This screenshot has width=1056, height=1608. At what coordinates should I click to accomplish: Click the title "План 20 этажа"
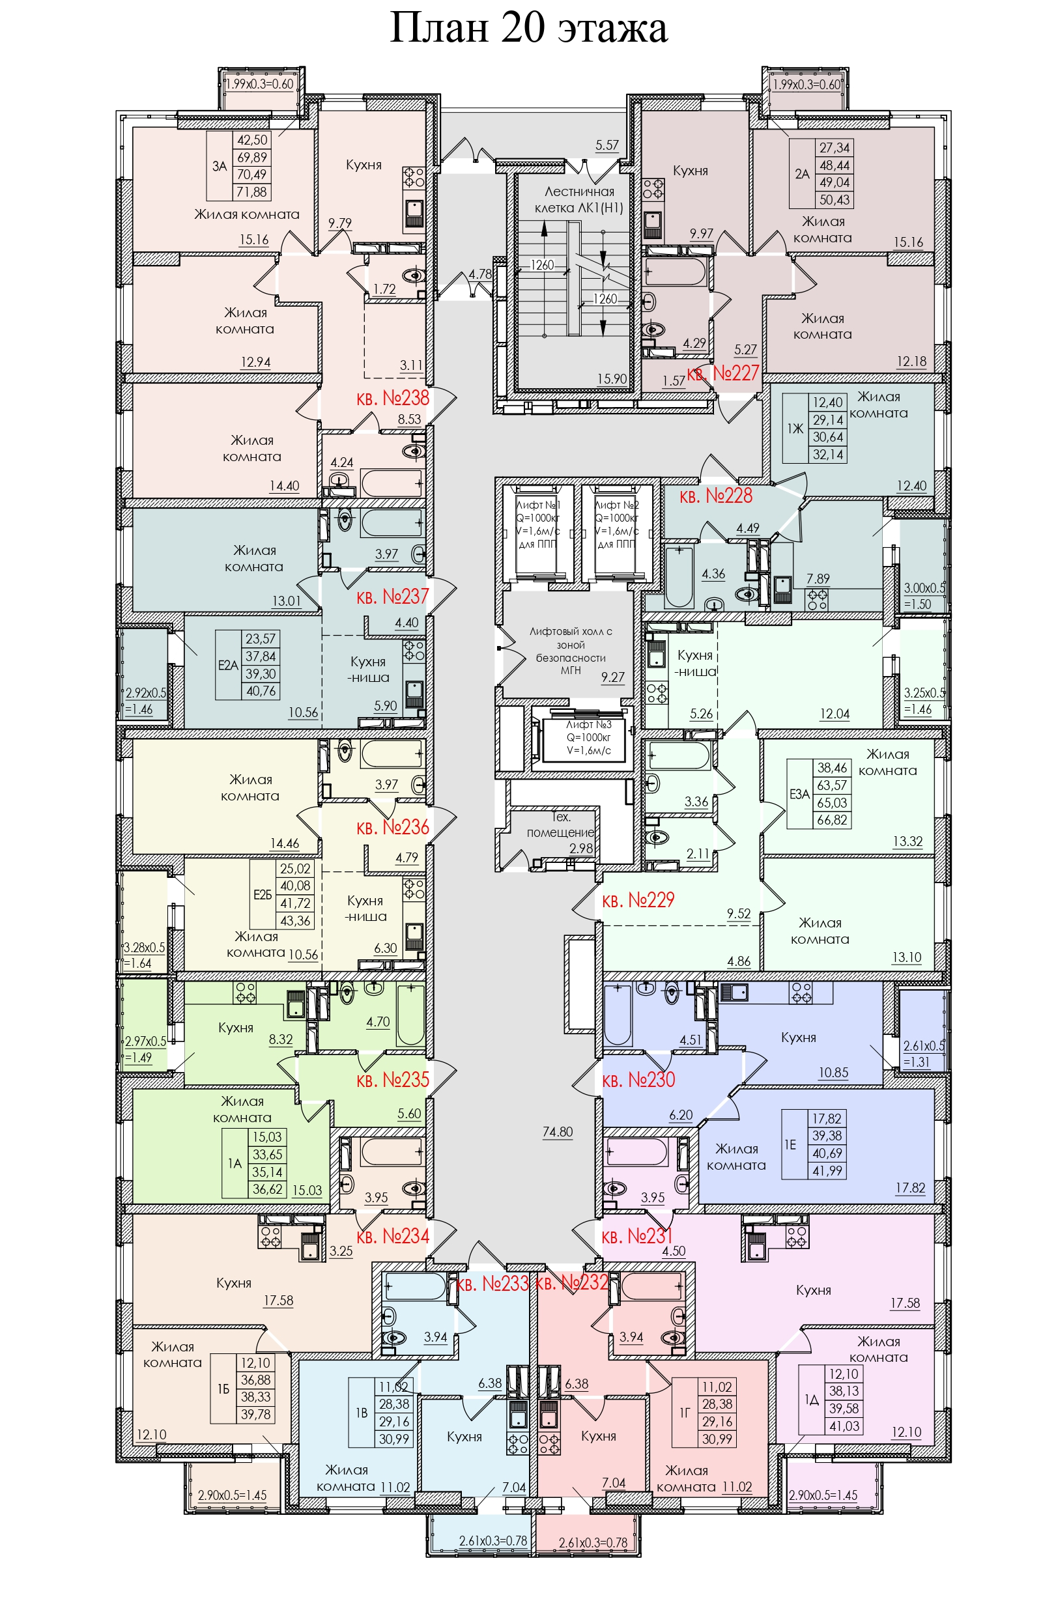(528, 29)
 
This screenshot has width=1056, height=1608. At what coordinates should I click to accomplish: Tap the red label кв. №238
(393, 398)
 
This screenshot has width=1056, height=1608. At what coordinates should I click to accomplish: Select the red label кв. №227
(723, 373)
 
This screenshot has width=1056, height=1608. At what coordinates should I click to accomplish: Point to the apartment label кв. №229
(638, 900)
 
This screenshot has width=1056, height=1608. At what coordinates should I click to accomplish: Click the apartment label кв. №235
(393, 1080)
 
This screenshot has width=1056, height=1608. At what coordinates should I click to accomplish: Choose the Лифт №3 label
(588, 725)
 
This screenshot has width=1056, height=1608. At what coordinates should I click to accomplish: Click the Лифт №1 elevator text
(539, 505)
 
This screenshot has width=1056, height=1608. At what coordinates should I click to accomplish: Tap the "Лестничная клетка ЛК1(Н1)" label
(579, 199)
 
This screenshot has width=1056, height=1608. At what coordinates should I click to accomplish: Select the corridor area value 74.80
(558, 1132)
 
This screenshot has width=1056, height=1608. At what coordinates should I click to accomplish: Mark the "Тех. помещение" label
(561, 825)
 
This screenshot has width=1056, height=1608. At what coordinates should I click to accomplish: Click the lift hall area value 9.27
(613, 677)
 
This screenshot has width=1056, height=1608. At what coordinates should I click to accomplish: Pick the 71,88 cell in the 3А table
(252, 192)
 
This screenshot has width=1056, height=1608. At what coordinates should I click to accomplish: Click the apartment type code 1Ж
(795, 429)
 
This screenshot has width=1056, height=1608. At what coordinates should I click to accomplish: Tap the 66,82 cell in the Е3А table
(832, 820)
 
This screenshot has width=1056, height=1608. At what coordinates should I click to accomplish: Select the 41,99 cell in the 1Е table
(827, 1171)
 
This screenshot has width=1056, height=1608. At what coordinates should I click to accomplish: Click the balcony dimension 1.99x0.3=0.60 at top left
(259, 85)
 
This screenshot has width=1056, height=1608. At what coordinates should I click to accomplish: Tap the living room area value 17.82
(910, 1187)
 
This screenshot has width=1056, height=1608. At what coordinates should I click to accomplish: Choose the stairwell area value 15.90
(612, 379)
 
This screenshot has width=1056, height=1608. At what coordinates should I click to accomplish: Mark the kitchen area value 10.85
(833, 1072)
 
